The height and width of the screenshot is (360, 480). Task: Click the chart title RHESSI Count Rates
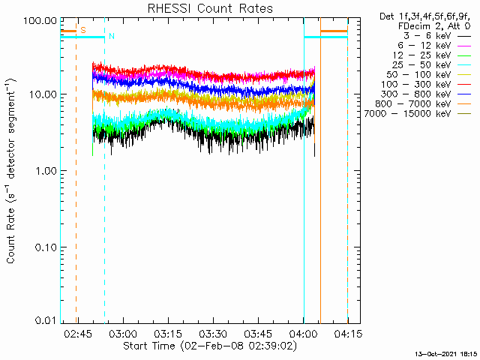[210, 8]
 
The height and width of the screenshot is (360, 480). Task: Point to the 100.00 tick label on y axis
[40, 21]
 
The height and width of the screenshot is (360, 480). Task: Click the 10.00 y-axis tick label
[43, 94]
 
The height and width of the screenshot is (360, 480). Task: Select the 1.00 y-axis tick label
[46, 170]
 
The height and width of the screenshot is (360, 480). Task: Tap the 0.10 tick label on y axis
[46, 247]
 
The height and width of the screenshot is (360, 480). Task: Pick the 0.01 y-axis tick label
[46, 320]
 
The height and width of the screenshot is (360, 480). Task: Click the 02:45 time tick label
[78, 334]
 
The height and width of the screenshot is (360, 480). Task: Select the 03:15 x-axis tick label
[168, 334]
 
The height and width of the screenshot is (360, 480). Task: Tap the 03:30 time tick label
[213, 334]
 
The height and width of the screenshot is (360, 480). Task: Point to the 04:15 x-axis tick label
[348, 334]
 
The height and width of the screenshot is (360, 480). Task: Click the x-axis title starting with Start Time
[210, 346]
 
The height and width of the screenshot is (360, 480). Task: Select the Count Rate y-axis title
[11, 170]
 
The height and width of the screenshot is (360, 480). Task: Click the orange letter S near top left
[83, 30]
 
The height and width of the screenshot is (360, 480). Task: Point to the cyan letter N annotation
[112, 37]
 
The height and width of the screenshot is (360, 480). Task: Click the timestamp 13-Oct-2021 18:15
[445, 354]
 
